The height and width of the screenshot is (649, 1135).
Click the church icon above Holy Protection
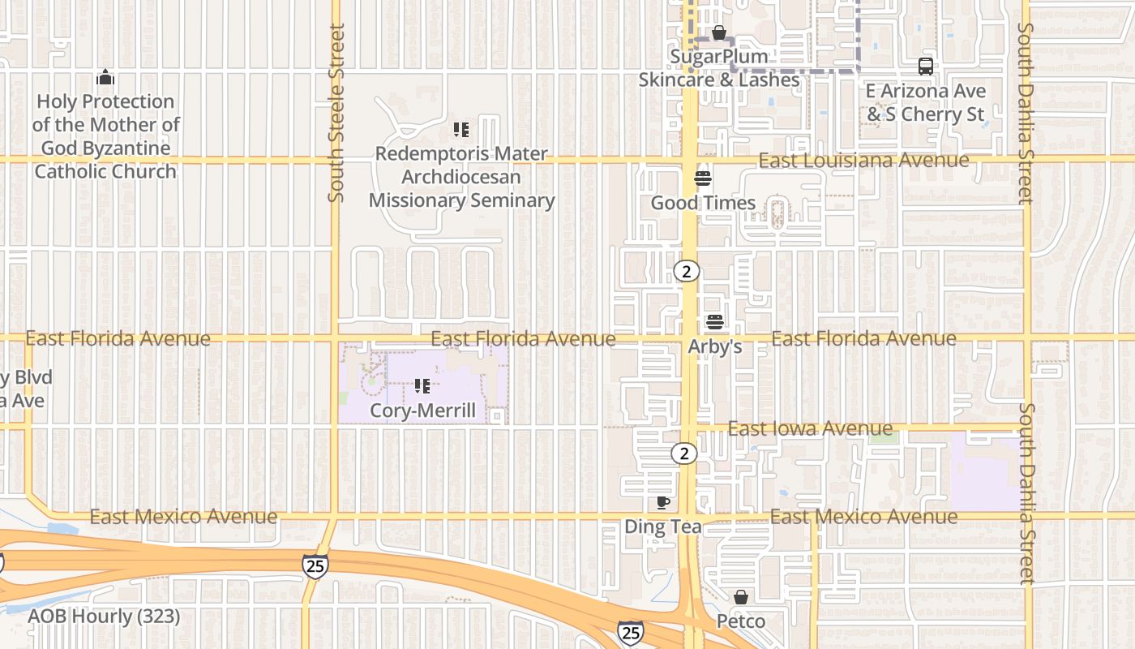click(105, 78)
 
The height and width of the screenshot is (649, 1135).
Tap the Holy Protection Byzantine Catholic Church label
click(105, 136)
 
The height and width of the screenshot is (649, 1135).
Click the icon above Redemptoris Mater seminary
click(461, 130)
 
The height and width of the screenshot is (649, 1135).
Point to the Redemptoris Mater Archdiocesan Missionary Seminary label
click(461, 177)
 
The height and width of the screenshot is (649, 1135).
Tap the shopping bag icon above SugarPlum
click(719, 33)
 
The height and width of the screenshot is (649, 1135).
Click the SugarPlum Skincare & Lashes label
click(719, 68)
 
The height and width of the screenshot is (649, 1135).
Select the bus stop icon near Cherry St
click(925, 67)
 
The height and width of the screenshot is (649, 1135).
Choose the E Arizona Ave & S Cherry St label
click(926, 102)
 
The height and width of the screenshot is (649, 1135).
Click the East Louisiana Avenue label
click(863, 160)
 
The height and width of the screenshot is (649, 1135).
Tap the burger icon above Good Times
click(703, 178)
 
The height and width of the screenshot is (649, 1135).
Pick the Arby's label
click(715, 346)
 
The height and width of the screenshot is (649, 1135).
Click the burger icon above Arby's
click(714, 322)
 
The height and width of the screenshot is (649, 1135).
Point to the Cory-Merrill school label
click(422, 410)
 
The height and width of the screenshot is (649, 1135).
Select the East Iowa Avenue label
click(810, 428)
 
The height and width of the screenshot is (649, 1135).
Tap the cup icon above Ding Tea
click(663, 503)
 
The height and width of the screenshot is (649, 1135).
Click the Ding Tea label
click(663, 527)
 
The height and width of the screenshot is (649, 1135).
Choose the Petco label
click(741, 621)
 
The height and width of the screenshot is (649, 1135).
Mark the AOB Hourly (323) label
click(104, 617)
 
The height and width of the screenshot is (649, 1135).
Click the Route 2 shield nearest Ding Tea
click(684, 453)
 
